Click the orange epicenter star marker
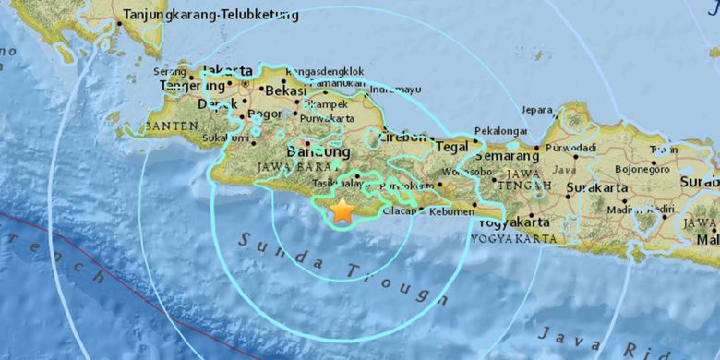[342, 210]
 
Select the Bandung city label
[318, 151]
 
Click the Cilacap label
[399, 211]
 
